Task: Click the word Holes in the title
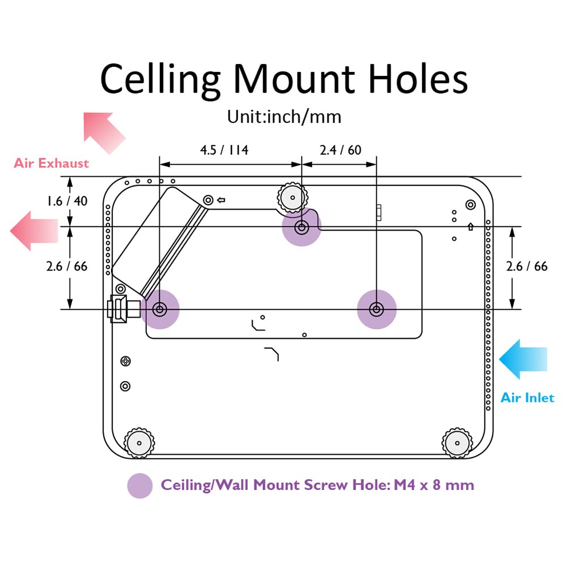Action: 418,79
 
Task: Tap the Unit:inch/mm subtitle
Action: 284,117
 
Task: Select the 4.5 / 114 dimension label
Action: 224,150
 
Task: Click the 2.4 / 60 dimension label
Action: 340,150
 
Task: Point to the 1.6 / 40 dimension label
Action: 67,201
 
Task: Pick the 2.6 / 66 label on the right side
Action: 527,266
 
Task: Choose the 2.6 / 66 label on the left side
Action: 67,266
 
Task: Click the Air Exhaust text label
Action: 52,163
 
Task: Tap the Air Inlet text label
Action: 527,398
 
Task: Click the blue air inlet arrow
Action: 523,359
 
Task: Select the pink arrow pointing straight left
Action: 34,231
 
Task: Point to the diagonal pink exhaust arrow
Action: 104,132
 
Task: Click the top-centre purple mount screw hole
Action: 302,227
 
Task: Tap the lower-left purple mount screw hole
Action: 160,309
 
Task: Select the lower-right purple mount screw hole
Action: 377,309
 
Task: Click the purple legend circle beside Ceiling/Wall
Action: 140,486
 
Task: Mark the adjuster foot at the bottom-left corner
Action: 139,443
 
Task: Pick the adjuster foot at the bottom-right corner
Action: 457,443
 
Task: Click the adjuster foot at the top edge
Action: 293,197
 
